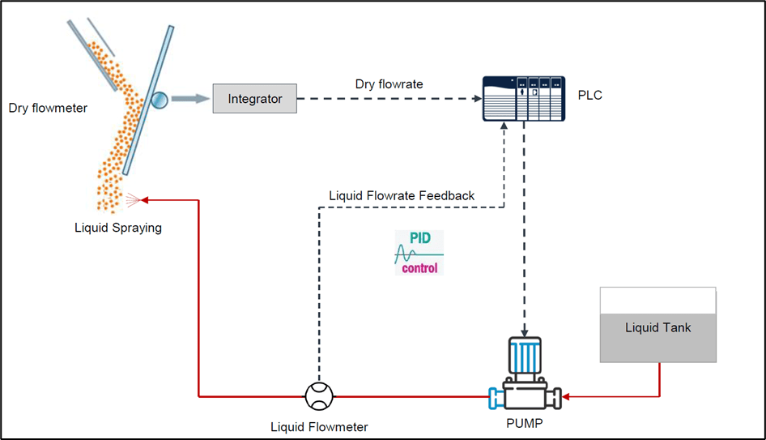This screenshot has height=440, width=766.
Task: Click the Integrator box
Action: pyautogui.click(x=255, y=99)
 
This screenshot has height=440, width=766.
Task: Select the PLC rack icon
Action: pyautogui.click(x=523, y=99)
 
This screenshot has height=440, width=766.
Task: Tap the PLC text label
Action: pyautogui.click(x=590, y=96)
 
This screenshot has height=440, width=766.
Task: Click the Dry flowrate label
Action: pyautogui.click(x=389, y=83)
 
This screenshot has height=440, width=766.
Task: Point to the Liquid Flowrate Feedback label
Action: pyautogui.click(x=402, y=195)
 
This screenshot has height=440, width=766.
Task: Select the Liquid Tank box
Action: pyautogui.click(x=657, y=325)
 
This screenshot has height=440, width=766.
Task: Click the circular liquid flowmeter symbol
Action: pyautogui.click(x=319, y=396)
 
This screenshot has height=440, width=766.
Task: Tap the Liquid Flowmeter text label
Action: pyautogui.click(x=319, y=427)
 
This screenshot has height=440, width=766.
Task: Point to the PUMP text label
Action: pyautogui.click(x=526, y=422)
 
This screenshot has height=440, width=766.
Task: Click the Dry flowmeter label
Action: pyautogui.click(x=48, y=107)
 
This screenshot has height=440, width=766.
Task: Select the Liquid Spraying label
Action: pyautogui.click(x=118, y=228)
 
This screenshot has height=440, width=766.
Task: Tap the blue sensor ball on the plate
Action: pyautogui.click(x=159, y=100)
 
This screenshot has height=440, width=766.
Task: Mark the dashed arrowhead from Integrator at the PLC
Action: pyautogui.click(x=477, y=99)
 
